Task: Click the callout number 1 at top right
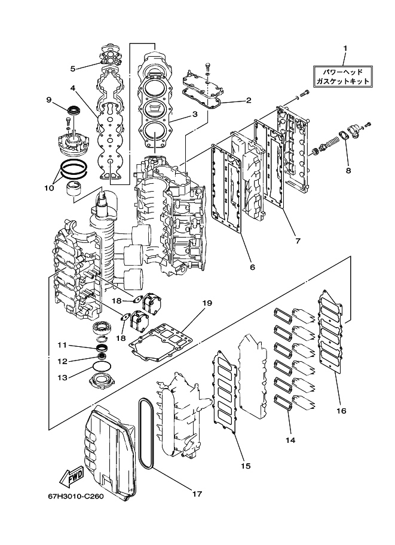pyautogui.click(x=344, y=48)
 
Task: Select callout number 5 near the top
pyautogui.click(x=72, y=68)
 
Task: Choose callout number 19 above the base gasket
pyautogui.click(x=207, y=303)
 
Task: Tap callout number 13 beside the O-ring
pyautogui.click(x=62, y=377)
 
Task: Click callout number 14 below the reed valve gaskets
pyautogui.click(x=289, y=440)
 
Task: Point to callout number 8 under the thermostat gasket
pyautogui.click(x=348, y=170)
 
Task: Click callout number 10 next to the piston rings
pyautogui.click(x=50, y=187)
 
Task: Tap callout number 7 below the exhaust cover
pyautogui.click(x=297, y=241)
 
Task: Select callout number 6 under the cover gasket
pyautogui.click(x=252, y=267)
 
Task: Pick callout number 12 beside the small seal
pyautogui.click(x=62, y=361)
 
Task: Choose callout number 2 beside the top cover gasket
pyautogui.click(x=248, y=101)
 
